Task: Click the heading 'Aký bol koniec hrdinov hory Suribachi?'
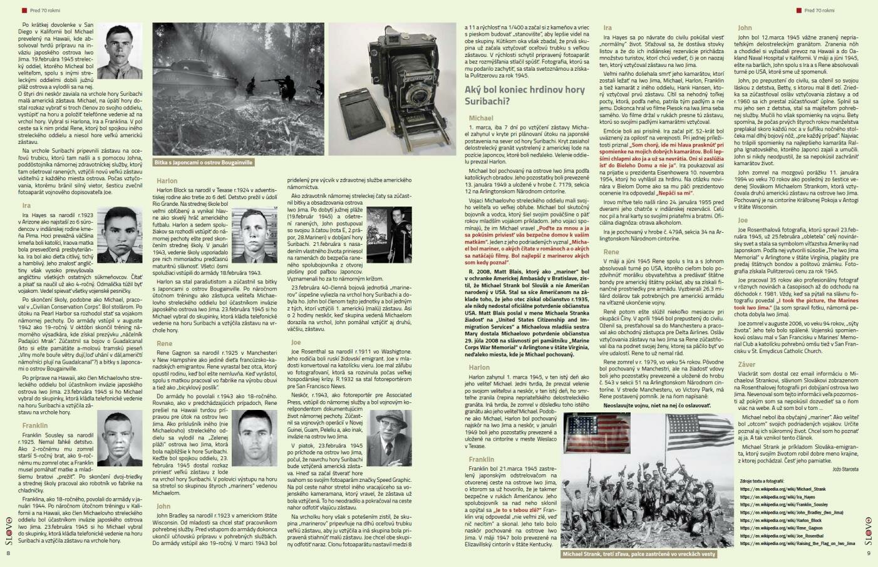[x=524, y=95]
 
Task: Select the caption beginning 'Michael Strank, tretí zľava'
[x=639, y=554]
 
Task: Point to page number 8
[x=9, y=553]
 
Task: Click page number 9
[x=869, y=553]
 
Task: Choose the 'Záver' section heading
[x=746, y=364]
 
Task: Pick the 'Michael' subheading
[x=481, y=118]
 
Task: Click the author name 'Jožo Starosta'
[x=845, y=469]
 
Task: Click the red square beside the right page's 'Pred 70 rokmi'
[x=798, y=11]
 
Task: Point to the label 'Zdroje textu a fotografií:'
[x=766, y=481]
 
